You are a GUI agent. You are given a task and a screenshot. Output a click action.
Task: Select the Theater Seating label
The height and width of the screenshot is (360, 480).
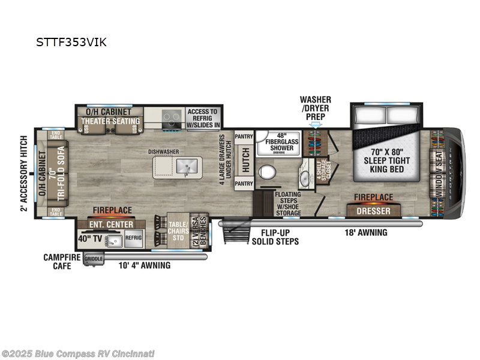[x=110, y=121]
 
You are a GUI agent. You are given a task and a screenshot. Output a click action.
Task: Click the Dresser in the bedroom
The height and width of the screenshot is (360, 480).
[x=374, y=211]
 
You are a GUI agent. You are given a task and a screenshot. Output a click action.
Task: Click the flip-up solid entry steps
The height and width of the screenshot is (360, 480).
[x=235, y=232]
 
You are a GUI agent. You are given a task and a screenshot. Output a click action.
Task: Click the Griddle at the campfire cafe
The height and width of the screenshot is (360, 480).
[x=94, y=259]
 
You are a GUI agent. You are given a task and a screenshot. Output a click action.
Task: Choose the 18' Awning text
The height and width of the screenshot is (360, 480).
[x=366, y=233]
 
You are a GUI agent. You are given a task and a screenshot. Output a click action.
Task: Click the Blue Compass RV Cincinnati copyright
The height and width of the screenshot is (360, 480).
[x=78, y=353]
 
